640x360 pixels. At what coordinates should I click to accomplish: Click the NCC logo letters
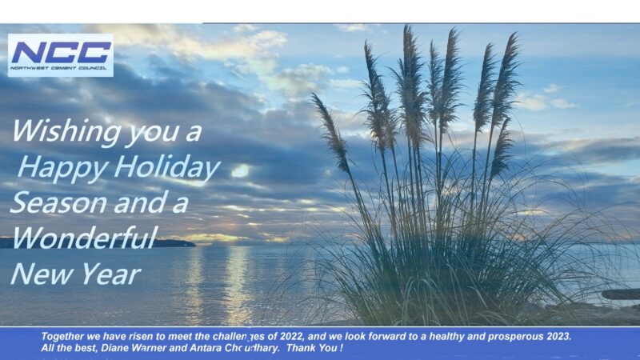[x=62, y=52]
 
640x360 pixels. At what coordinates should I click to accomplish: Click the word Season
[x=58, y=203]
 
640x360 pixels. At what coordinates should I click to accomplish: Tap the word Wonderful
[x=85, y=237]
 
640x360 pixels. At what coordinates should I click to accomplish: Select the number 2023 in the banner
[x=558, y=336]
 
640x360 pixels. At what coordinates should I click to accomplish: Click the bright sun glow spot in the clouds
[x=241, y=170]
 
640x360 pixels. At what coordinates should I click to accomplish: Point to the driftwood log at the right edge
[x=621, y=294]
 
